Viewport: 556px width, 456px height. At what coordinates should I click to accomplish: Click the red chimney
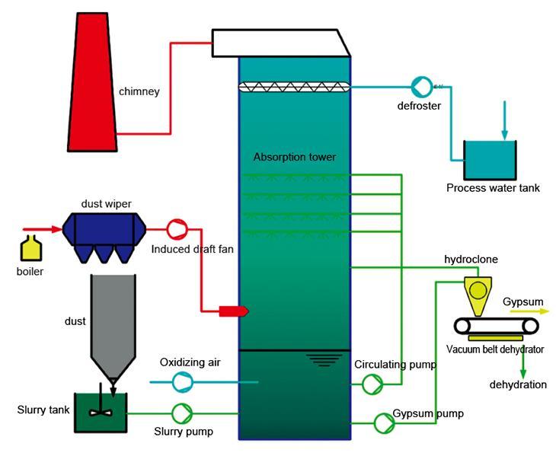[93, 82]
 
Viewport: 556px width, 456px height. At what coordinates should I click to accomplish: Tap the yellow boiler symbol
[31, 248]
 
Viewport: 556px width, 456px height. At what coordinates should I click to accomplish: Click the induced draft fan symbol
[177, 229]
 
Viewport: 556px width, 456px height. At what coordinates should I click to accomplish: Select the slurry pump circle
[182, 413]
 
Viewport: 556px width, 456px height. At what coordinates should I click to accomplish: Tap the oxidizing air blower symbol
[183, 382]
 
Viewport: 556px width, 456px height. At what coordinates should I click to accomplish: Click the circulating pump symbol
[372, 384]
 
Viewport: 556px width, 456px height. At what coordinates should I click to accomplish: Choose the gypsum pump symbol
[385, 423]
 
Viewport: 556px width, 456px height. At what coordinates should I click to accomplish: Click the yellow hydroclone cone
[478, 296]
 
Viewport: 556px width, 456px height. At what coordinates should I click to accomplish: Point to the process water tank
[490, 160]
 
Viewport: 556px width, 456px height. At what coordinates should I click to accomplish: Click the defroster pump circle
[422, 86]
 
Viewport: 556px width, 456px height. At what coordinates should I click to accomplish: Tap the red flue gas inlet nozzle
[234, 311]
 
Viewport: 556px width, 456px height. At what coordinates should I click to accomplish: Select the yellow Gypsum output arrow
[529, 311]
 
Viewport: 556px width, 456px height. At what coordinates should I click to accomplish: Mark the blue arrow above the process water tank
[504, 120]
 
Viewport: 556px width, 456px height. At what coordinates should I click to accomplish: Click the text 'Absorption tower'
[295, 157]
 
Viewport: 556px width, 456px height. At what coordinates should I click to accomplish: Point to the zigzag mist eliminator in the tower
[294, 87]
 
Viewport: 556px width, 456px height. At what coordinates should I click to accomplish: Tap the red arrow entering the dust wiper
[43, 229]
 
